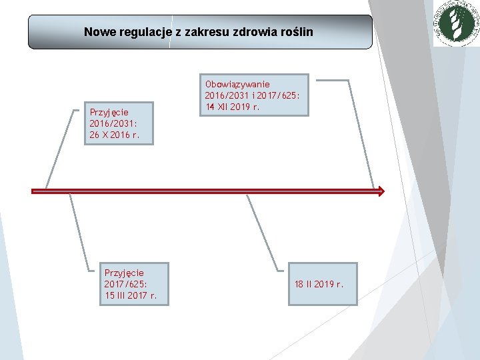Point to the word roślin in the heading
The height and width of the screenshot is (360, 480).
294,31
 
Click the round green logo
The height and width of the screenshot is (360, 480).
456,24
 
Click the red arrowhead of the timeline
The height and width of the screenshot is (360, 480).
379,191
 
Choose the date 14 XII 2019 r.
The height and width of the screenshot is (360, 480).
233,107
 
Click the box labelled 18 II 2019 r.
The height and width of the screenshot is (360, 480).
322,284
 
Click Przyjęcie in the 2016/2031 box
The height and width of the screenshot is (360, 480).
109,112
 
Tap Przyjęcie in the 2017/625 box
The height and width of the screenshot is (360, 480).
125,273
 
